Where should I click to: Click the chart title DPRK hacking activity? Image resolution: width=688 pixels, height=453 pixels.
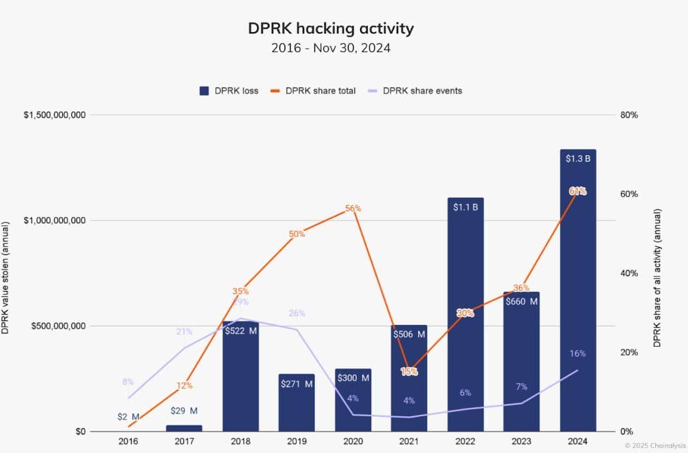point(330,28)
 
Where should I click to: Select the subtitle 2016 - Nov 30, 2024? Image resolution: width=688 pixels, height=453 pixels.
point(330,48)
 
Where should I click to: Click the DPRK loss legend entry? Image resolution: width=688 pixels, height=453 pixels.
point(229,91)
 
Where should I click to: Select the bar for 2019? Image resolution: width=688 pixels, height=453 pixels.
point(296,402)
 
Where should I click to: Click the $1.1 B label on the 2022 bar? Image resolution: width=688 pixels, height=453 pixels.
point(466,208)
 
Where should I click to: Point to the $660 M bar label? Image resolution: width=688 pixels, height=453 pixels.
point(521,301)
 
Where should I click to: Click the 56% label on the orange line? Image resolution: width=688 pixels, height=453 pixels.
point(353,208)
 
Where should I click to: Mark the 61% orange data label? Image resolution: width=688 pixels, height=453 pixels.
point(577,191)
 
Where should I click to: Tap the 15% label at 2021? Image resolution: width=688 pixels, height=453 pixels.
point(409,371)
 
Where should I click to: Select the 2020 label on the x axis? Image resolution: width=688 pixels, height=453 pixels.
point(352,442)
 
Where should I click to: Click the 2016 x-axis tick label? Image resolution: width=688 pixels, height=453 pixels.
point(127,442)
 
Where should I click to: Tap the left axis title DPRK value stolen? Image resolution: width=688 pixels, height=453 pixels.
point(6,277)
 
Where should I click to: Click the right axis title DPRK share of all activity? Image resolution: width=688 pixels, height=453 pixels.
point(657,277)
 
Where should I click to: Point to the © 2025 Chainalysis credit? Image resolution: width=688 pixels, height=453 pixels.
point(655,445)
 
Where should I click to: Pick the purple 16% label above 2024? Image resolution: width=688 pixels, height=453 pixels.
point(577,353)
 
